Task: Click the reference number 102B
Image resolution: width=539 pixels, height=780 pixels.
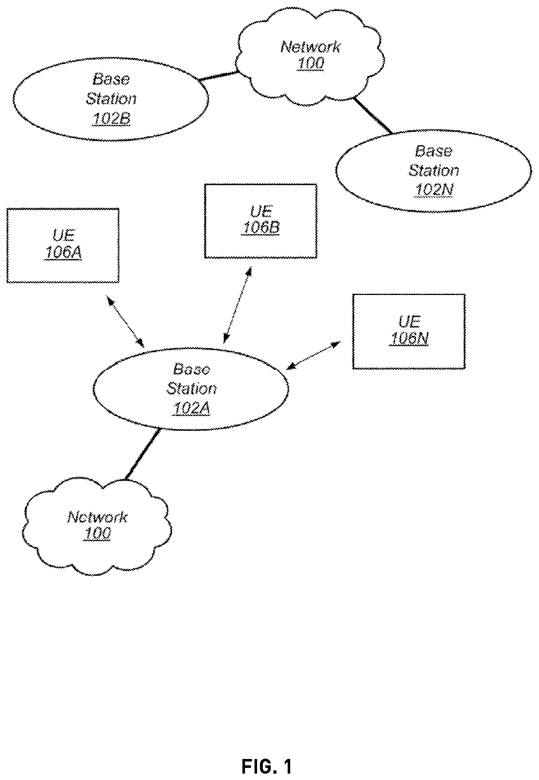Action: point(111,119)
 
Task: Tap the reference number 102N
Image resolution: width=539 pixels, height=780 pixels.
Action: point(434,190)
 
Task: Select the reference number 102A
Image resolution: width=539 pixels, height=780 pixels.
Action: point(191,408)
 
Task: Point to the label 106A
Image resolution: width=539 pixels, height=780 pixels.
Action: point(63,253)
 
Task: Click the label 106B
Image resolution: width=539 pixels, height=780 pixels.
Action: point(261,228)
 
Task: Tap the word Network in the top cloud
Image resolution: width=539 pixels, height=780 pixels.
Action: point(310,47)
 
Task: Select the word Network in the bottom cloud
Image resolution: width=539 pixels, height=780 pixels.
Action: point(97,517)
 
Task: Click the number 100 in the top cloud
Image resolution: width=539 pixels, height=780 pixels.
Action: point(310,63)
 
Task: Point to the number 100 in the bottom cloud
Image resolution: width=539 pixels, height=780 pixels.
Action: point(97,533)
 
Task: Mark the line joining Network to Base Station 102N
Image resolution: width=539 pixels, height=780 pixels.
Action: point(373,115)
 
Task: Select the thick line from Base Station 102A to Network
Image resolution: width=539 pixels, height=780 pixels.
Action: point(142,454)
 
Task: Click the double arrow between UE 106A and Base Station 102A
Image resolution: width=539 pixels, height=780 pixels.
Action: point(125,321)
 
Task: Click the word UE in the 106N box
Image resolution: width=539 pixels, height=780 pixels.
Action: point(409,321)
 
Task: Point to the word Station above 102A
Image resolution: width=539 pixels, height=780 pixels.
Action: point(191,388)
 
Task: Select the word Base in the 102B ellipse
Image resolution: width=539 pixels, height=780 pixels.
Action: point(111,79)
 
